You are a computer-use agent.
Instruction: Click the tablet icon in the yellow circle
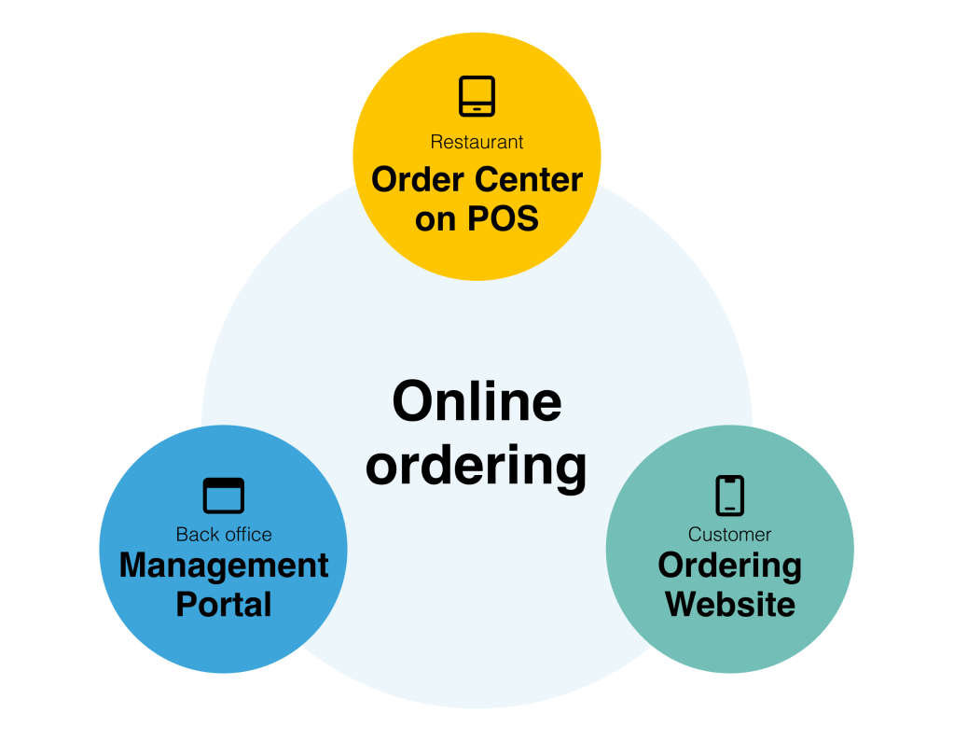click(477, 96)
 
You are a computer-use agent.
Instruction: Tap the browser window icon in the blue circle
click(224, 495)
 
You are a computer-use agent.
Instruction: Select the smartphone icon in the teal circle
click(730, 495)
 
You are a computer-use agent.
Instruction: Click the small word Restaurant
click(477, 142)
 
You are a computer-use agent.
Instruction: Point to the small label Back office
click(224, 535)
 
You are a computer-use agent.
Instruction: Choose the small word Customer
click(730, 535)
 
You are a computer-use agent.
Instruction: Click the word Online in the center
click(477, 402)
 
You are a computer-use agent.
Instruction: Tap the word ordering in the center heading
click(477, 465)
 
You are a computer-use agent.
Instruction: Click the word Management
click(224, 566)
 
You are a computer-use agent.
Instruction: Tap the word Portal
click(224, 604)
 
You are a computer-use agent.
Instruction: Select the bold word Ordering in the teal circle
click(730, 566)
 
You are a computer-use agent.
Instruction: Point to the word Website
click(730, 604)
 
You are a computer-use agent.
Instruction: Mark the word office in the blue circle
click(246, 535)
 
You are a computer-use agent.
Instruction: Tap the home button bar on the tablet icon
click(477, 109)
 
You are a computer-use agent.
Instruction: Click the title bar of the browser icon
click(224, 483)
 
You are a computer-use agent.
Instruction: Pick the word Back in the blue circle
click(196, 535)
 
